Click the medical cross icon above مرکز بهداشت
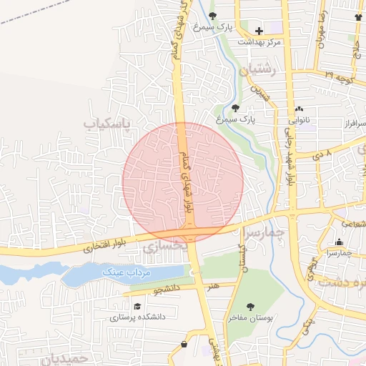259,31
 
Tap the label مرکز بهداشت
260,41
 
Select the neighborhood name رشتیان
258,70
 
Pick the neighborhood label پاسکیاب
109,124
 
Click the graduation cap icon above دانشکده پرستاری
136,305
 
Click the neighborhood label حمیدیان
68,357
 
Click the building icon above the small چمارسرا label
339,242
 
